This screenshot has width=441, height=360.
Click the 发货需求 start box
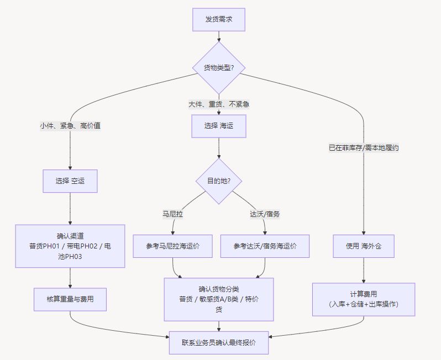pyautogui.click(x=218, y=19)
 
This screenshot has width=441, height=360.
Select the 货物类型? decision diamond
pyautogui.click(x=218, y=68)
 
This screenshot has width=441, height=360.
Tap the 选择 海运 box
pyautogui.click(x=218, y=126)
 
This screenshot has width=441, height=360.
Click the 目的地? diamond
pyautogui.click(x=218, y=181)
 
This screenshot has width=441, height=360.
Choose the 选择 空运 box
pyautogui.click(x=70, y=181)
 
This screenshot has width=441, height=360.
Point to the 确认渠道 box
pyautogui.click(x=70, y=246)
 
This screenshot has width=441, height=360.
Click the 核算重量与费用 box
pyautogui.click(x=70, y=299)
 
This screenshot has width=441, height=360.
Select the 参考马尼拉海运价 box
pyautogui.click(x=172, y=246)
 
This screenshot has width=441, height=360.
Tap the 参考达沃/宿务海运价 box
pyautogui.click(x=265, y=246)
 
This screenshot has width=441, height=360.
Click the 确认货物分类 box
pyautogui.click(x=218, y=299)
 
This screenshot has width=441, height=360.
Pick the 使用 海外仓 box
pyautogui.click(x=364, y=246)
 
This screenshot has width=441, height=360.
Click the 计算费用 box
pyautogui.click(x=364, y=299)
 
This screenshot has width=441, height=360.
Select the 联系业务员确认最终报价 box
pyautogui.click(x=218, y=342)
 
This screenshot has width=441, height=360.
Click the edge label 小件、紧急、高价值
pyautogui.click(x=70, y=126)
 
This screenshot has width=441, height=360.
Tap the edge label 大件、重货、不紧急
pyautogui.click(x=218, y=104)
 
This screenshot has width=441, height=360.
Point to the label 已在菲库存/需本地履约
pyautogui.click(x=364, y=148)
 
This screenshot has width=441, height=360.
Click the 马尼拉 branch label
pyautogui.click(x=172, y=214)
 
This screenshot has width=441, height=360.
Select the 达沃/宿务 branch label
pyautogui.click(x=265, y=214)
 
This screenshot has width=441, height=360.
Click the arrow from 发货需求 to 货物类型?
pyautogui.click(x=219, y=36)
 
